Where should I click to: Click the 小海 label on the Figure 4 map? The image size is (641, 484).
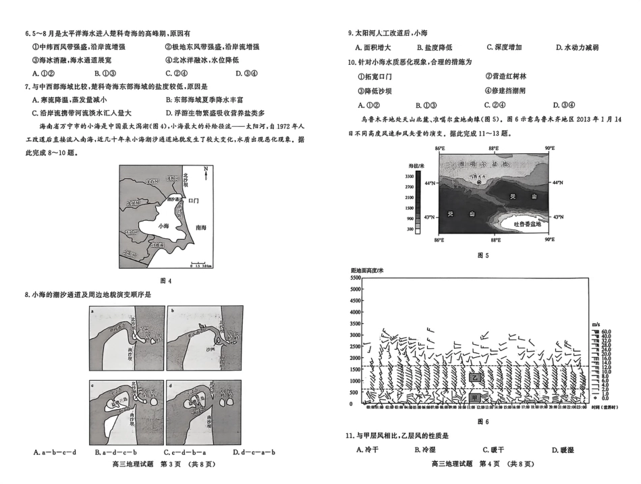tap(161, 227)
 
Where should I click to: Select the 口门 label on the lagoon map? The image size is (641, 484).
tap(194, 200)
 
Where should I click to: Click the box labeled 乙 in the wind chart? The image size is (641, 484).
tap(475, 378)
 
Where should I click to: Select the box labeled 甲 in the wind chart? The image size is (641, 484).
tap(475, 398)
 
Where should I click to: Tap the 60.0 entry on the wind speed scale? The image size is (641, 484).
tap(605, 331)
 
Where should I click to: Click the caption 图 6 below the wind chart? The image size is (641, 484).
tap(482, 421)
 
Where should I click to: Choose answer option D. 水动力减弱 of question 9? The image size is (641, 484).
tap(577, 47)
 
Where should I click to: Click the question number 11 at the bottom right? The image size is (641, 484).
tap(350, 435)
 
